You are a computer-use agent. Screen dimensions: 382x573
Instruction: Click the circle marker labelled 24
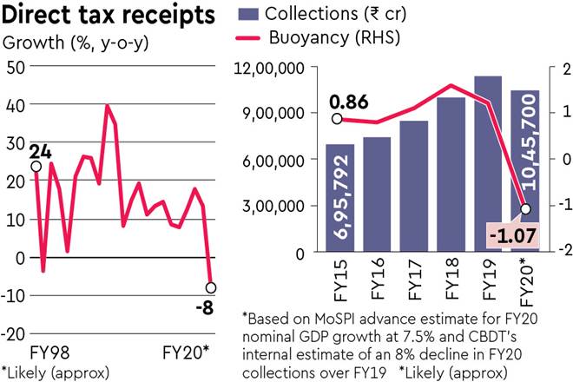[x=36, y=166]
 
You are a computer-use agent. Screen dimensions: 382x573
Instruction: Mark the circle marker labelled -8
[x=211, y=287]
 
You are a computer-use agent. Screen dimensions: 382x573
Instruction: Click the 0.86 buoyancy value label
[x=347, y=102]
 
